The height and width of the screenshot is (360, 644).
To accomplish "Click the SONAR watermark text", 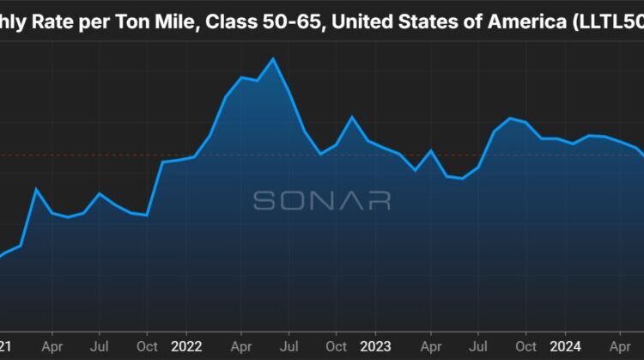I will [x=322, y=200].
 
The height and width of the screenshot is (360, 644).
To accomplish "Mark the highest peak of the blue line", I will [x=273, y=58].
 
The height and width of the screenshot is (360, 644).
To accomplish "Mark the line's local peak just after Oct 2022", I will [x=352, y=117].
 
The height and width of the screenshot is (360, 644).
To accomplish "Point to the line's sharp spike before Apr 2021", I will [x=36, y=188].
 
